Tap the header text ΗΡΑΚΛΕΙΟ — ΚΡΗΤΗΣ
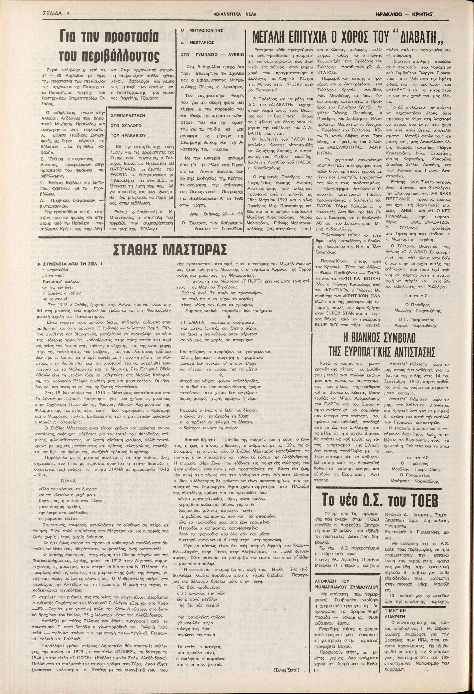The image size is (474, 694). (405, 14)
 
